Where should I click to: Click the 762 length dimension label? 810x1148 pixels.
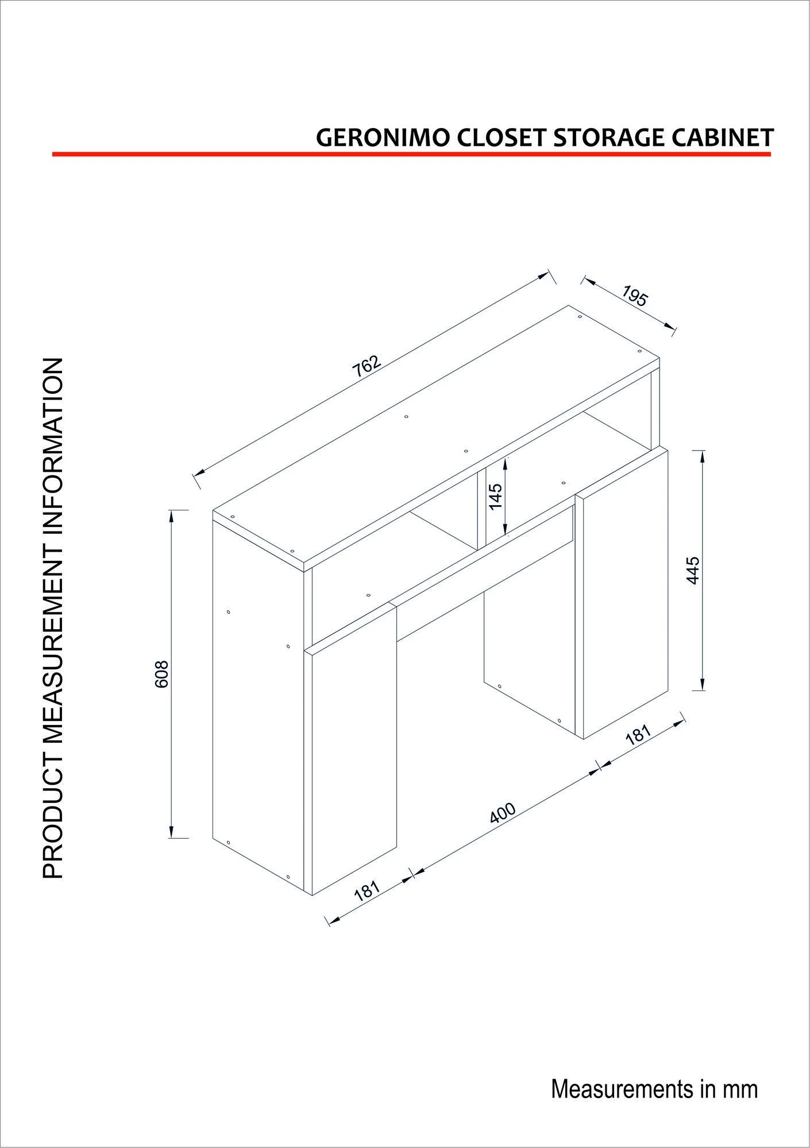pyautogui.click(x=367, y=366)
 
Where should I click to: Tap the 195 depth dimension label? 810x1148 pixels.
pyautogui.click(x=634, y=296)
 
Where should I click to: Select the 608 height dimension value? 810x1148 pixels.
pyautogui.click(x=162, y=673)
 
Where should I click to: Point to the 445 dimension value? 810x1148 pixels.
pyautogui.click(x=693, y=570)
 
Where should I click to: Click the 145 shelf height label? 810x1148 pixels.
pyautogui.click(x=496, y=496)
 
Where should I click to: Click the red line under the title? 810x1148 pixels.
pyautogui.click(x=411, y=154)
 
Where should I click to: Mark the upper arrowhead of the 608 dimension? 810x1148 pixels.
pyautogui.click(x=171, y=517)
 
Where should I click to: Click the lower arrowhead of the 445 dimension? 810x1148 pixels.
pyautogui.click(x=702, y=683)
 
